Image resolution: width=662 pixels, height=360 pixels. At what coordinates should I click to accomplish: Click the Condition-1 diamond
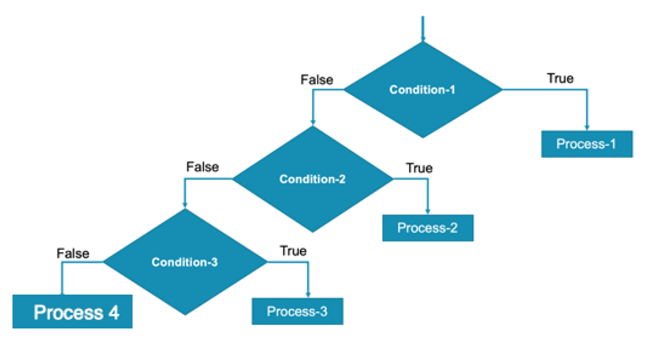click(x=422, y=90)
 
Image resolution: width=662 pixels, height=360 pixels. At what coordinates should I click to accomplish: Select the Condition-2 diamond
click(x=312, y=179)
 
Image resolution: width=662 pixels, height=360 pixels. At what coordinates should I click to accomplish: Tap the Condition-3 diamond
click(x=185, y=262)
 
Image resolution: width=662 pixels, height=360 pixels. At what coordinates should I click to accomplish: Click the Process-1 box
click(x=586, y=144)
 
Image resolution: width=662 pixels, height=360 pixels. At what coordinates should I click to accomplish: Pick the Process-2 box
click(x=427, y=228)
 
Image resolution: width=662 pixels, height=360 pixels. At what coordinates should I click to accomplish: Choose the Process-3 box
click(x=297, y=312)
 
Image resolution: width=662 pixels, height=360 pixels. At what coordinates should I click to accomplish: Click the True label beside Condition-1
click(x=560, y=78)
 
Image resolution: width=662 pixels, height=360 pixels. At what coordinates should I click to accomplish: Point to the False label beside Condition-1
click(x=317, y=80)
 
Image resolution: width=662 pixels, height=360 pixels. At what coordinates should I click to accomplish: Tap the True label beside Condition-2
click(x=419, y=168)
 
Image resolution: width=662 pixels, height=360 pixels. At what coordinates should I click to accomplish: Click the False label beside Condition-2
click(x=202, y=167)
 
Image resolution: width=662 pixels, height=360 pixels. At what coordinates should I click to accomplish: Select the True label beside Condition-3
click(x=293, y=251)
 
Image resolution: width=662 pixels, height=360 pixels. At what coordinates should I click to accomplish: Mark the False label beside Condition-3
click(x=73, y=253)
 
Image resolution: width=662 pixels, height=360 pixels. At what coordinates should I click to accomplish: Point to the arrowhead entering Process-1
click(x=586, y=127)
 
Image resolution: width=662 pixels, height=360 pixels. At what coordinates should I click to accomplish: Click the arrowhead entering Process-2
click(x=428, y=212)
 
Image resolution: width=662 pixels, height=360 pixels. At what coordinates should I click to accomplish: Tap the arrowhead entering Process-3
click(x=309, y=295)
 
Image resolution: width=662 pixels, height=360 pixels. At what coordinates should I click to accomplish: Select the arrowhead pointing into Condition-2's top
click(x=312, y=122)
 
